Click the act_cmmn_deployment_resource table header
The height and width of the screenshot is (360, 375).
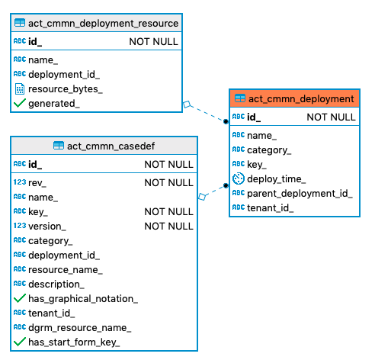(x=103, y=24)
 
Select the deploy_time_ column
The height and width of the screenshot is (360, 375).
(x=277, y=178)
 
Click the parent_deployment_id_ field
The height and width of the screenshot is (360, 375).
(x=300, y=193)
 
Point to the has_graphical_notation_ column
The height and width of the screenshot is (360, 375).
(x=82, y=298)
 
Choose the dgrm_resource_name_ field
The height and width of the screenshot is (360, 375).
(x=79, y=327)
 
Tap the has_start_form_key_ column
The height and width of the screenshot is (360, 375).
(x=74, y=342)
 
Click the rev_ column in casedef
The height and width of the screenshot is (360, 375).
(x=37, y=182)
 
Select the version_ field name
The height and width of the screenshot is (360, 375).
(x=46, y=226)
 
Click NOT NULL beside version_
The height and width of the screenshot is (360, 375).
(x=168, y=226)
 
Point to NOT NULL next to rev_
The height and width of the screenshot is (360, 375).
(x=168, y=182)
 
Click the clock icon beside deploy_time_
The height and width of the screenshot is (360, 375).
(x=238, y=178)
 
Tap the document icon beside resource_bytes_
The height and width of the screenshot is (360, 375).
(x=20, y=88)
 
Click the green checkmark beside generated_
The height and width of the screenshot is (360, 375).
(x=20, y=103)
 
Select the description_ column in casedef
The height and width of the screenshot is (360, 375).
(x=56, y=284)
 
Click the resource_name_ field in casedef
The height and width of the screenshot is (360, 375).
(x=66, y=269)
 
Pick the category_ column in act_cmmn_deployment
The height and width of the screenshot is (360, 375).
(x=269, y=149)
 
